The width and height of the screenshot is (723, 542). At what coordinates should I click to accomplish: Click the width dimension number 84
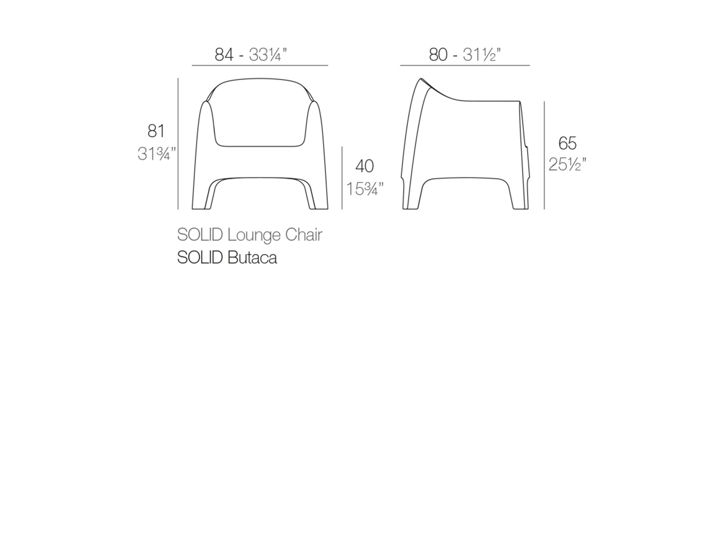[x=224, y=54]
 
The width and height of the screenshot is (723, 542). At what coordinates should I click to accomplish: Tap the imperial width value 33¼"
[x=268, y=54]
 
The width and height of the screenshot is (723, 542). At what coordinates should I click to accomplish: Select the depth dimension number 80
[x=438, y=54]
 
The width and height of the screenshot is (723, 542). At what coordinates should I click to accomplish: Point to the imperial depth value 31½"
[x=482, y=54]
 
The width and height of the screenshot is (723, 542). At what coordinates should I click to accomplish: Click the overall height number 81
[x=156, y=131]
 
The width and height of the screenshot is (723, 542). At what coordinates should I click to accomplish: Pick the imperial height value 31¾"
[x=157, y=154]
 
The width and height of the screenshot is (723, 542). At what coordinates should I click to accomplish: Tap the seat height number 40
[x=364, y=166]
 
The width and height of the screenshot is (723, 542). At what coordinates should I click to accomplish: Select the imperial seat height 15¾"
[x=365, y=189]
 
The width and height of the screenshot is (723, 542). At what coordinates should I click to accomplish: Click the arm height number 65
[x=568, y=143]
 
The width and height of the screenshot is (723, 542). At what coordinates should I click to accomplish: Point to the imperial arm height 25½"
[x=568, y=164]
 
